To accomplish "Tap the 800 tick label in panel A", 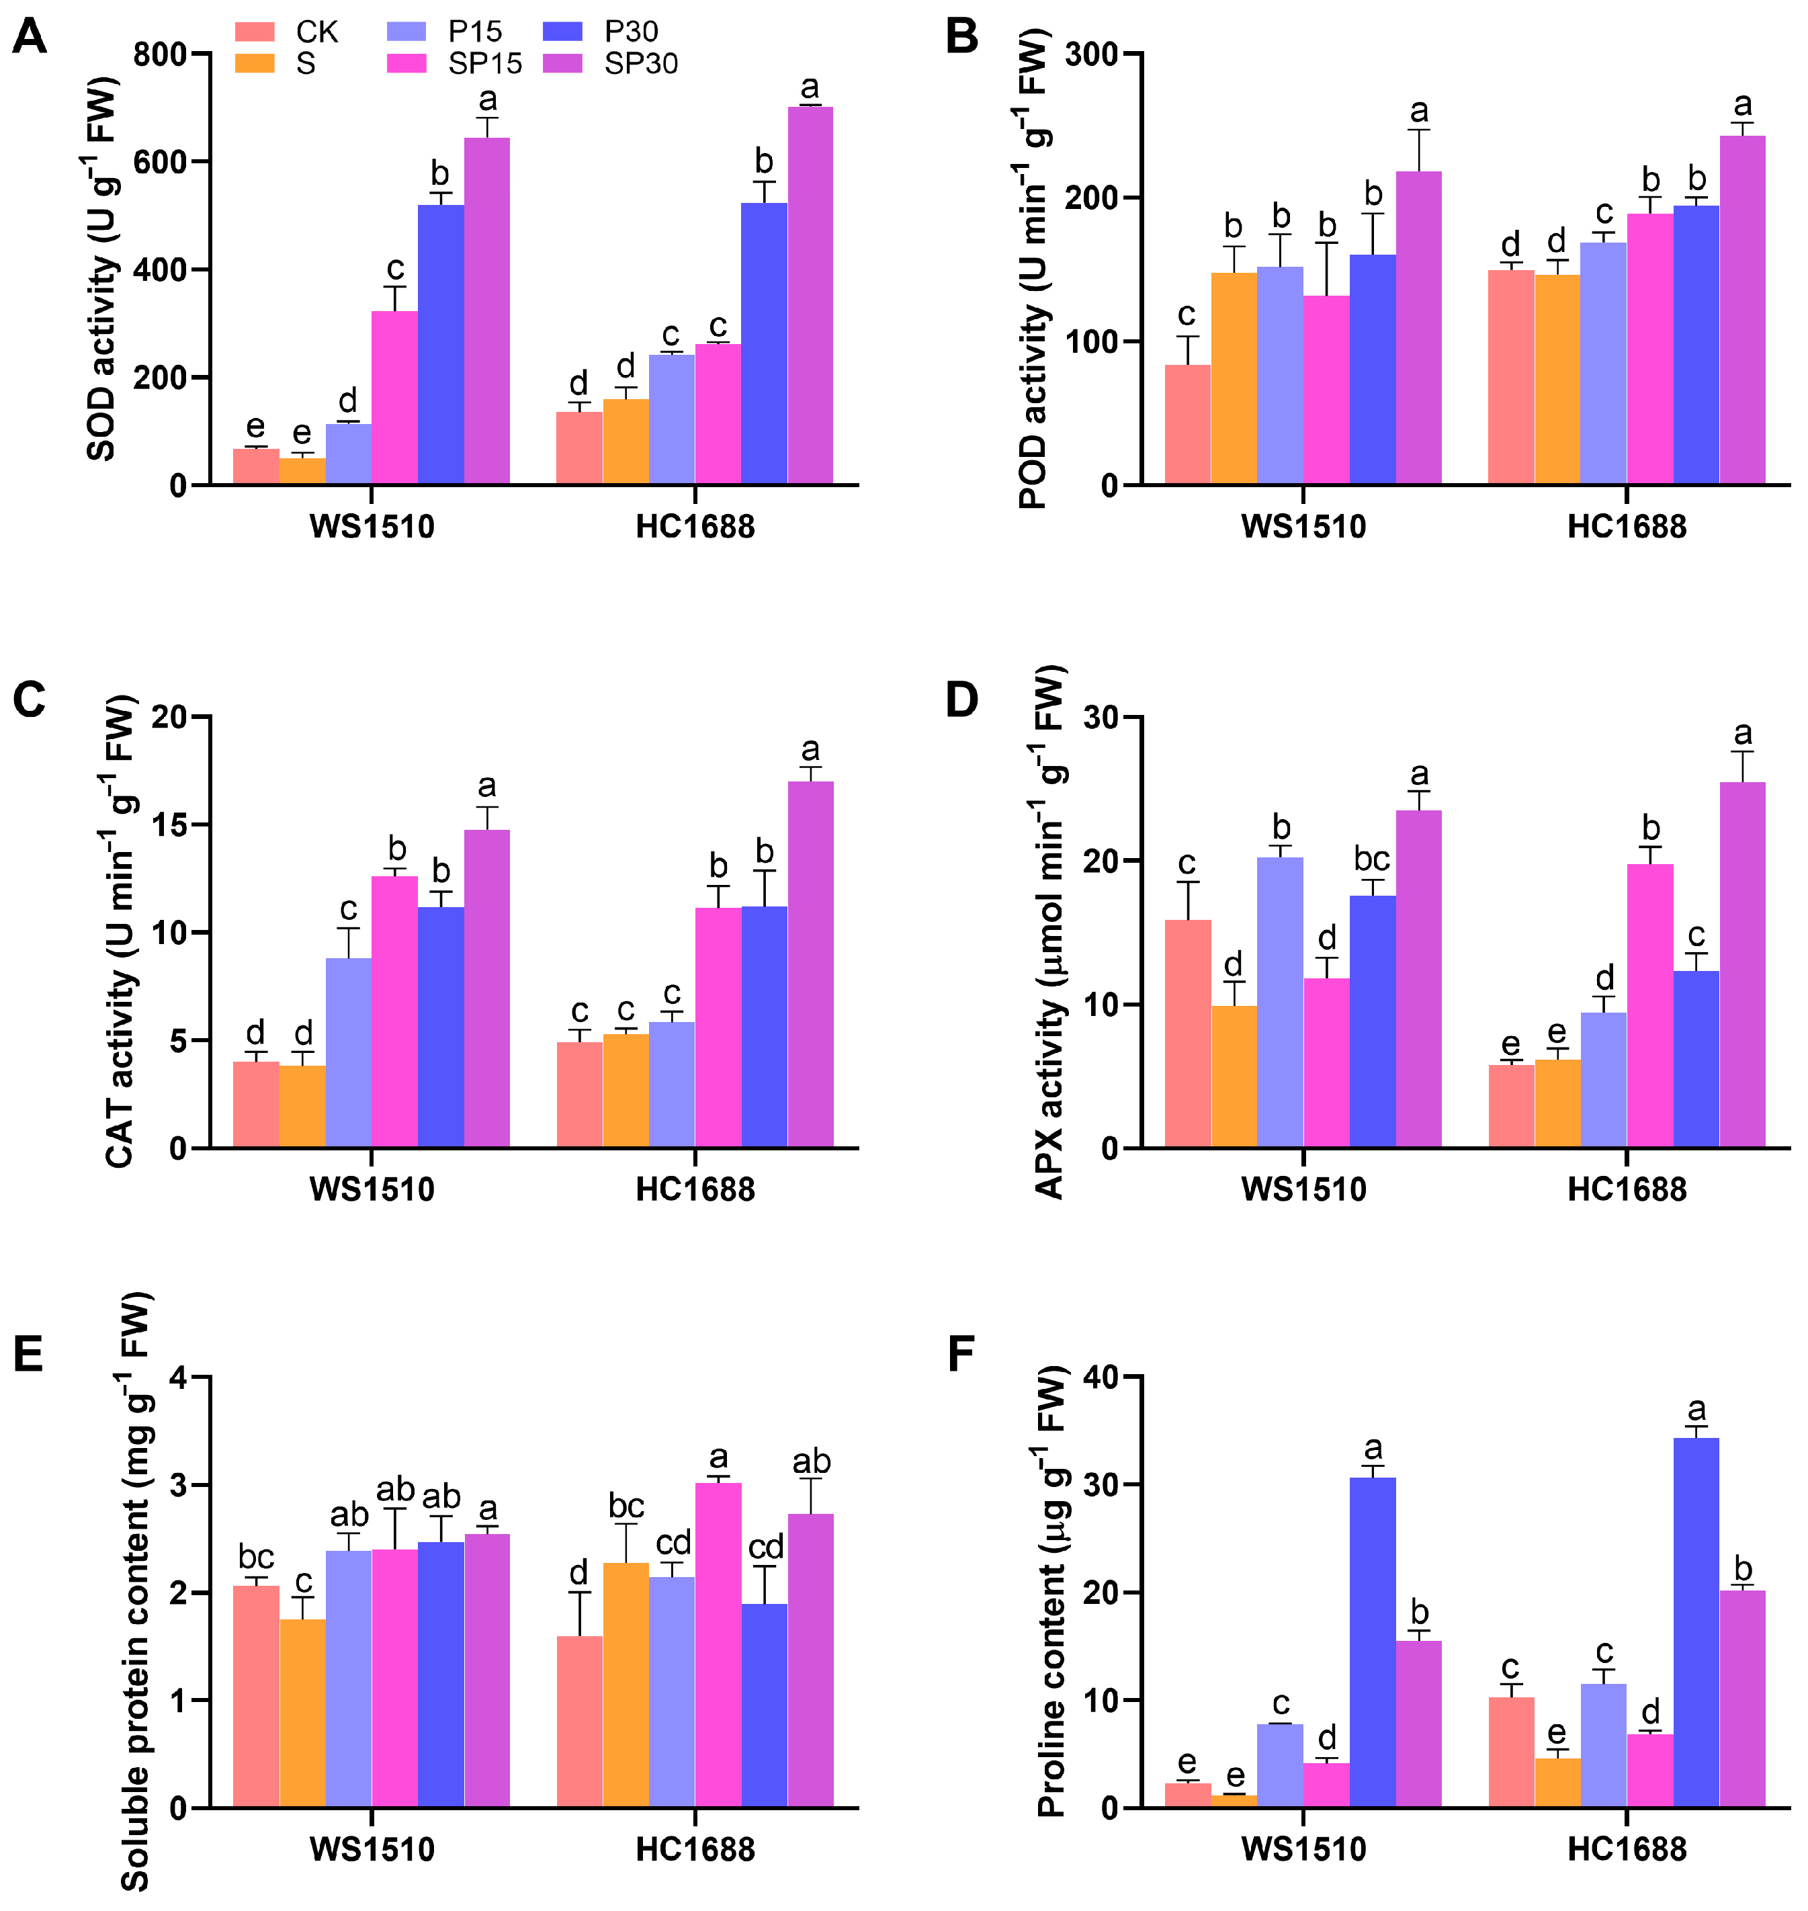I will tap(160, 54).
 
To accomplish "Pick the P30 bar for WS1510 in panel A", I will tap(441, 344).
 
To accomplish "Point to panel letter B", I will tap(962, 36).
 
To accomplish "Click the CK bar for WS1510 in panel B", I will tap(1187, 424).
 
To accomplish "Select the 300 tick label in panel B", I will tap(1092, 54).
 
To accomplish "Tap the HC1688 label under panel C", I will tap(695, 1190).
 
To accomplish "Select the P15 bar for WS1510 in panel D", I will tap(1280, 1003).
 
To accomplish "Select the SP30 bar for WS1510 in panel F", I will tap(1418, 1724).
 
